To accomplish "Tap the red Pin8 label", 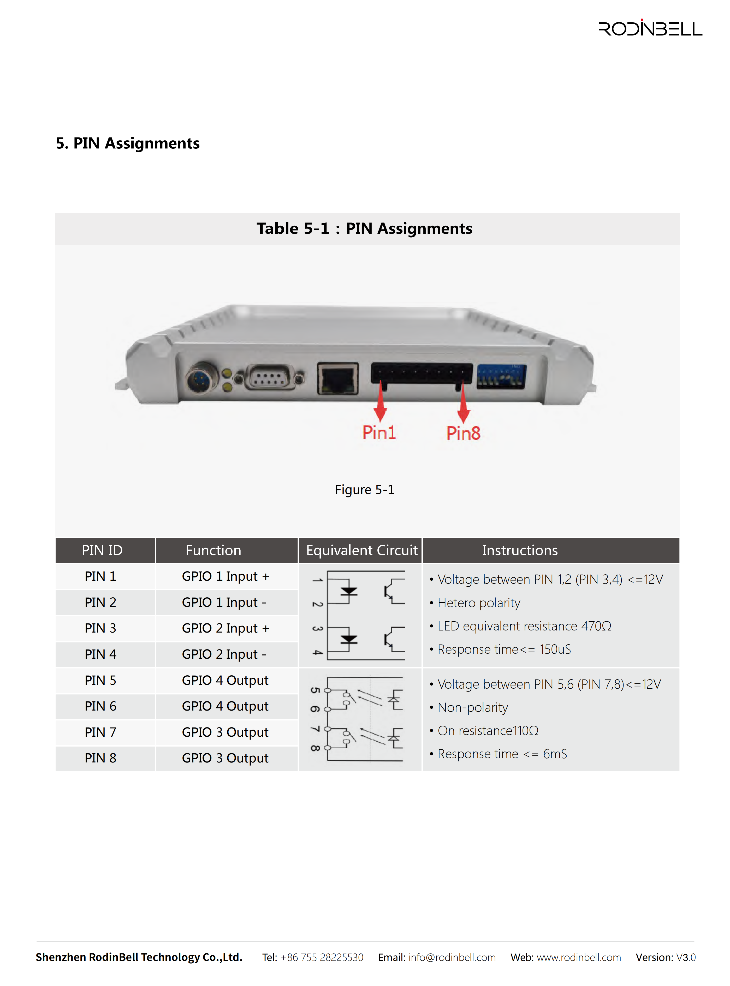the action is point(463,433).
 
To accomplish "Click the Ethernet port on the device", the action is point(338,378).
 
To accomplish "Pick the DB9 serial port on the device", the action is point(270,377).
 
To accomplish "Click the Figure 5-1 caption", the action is point(365,490).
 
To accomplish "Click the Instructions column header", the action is point(520,550).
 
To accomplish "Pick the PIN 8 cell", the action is point(100,758).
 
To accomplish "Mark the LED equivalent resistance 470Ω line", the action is point(520,626).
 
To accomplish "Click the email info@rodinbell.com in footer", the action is point(452,957).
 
